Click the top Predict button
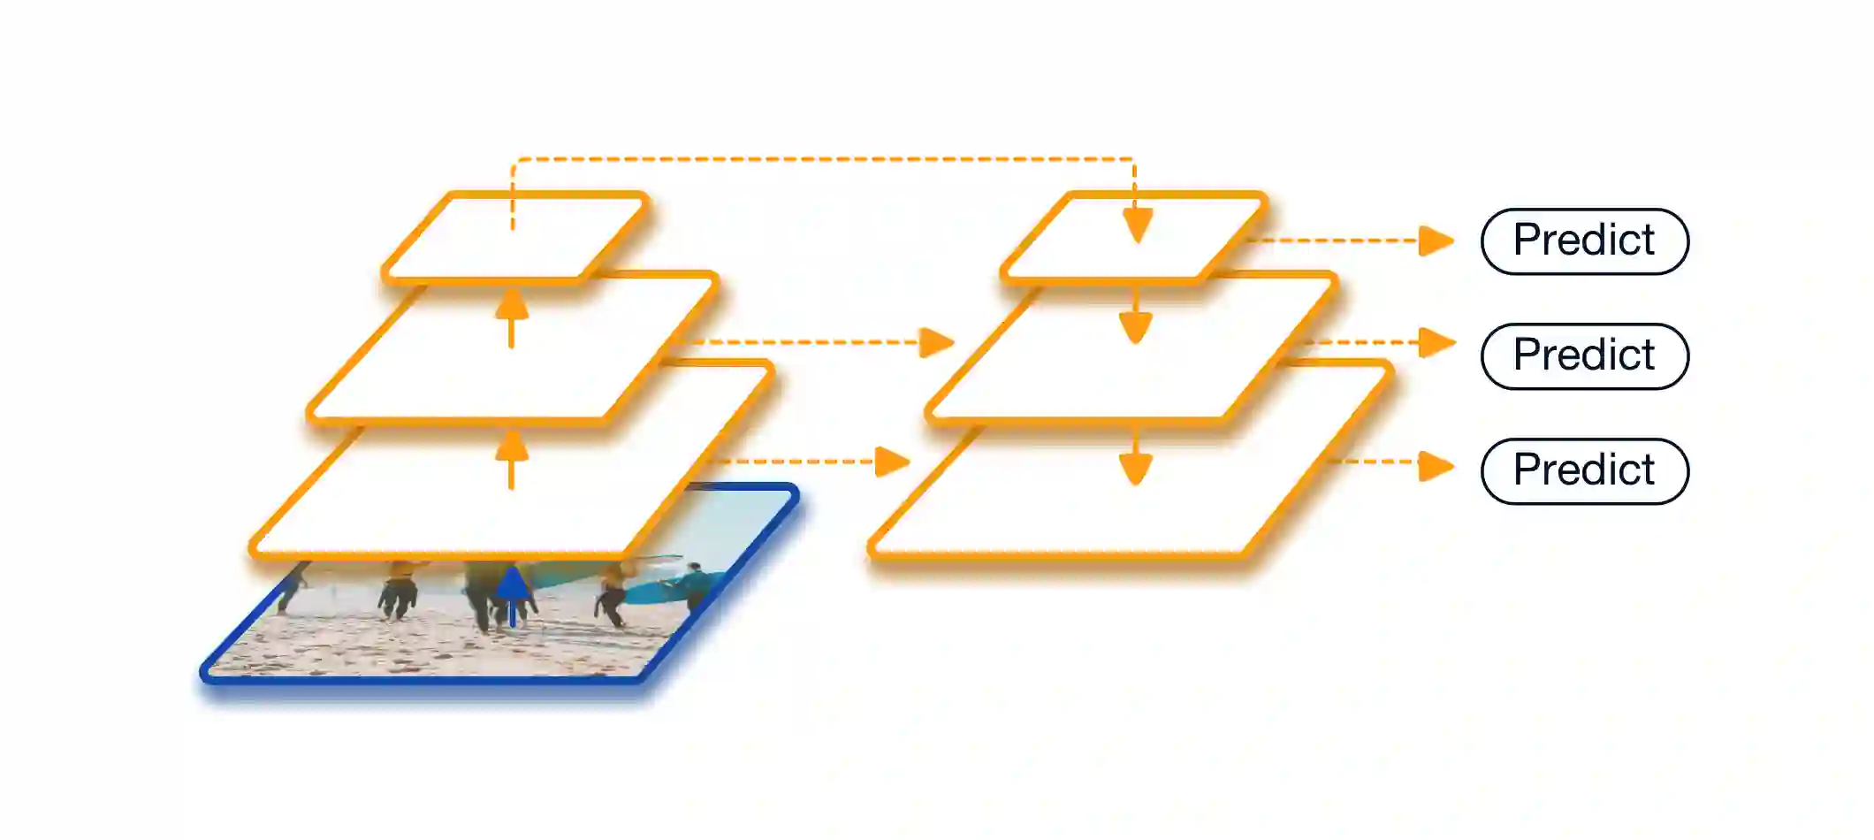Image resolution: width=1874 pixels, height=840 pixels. [1584, 241]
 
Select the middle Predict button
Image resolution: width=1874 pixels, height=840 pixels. [1584, 356]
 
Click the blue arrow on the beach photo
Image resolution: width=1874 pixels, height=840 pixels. [512, 597]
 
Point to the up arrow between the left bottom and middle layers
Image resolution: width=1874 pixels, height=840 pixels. [512, 458]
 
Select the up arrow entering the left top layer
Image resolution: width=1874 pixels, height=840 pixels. [512, 317]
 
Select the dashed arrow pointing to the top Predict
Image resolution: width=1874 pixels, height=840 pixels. [1352, 241]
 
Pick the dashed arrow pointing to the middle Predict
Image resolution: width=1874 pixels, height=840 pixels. [1379, 342]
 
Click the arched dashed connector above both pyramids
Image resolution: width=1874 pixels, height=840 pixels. [822, 159]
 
